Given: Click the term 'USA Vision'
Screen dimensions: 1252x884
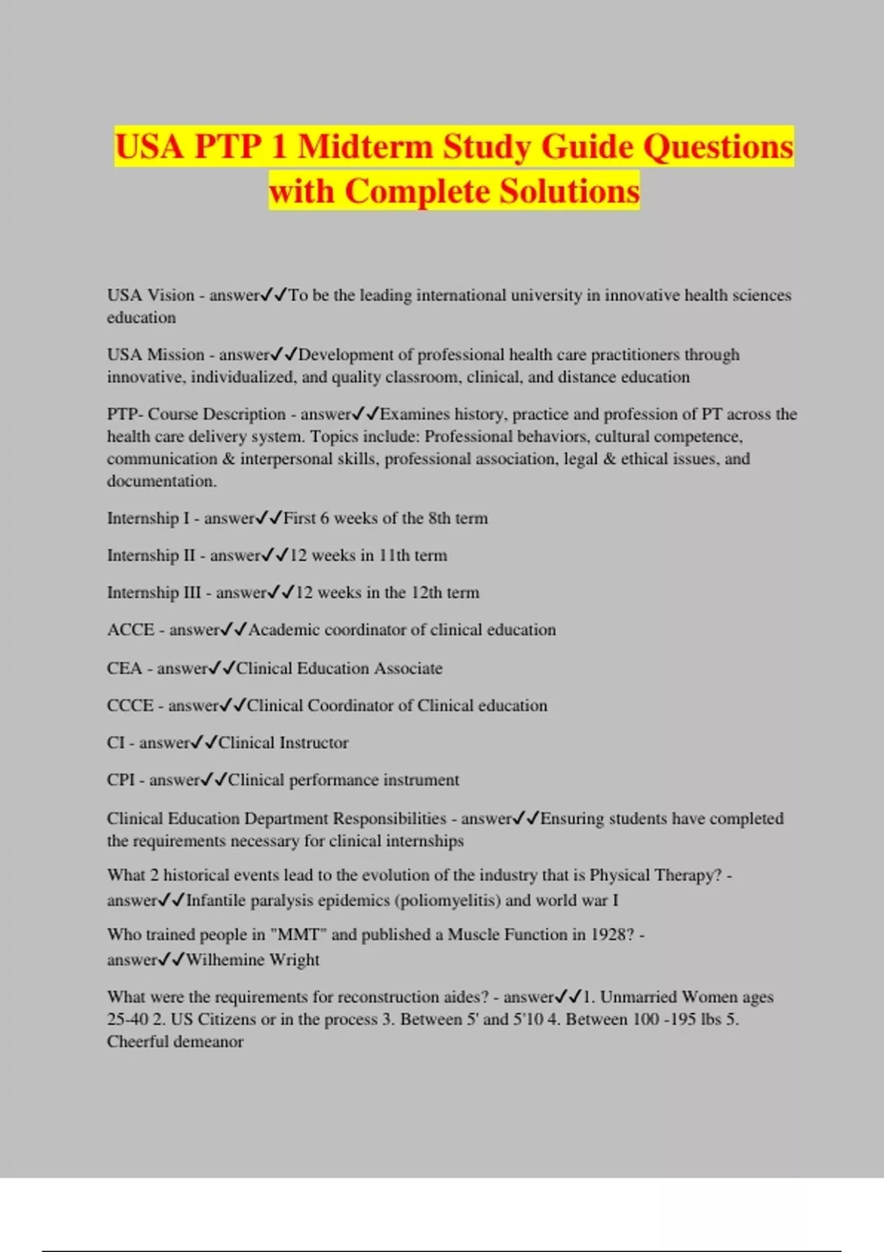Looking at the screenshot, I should [x=150, y=295].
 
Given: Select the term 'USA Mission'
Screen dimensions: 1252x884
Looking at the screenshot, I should [x=155, y=355].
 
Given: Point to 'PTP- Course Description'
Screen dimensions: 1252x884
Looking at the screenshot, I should [x=196, y=414].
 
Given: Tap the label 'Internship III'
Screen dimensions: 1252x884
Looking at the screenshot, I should [x=153, y=593].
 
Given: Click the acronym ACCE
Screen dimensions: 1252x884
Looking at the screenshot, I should [x=130, y=630].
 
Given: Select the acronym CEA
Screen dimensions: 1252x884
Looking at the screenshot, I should [x=124, y=669].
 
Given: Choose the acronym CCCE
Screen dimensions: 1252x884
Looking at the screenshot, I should [x=130, y=706].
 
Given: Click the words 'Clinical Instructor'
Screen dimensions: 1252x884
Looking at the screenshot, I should [x=284, y=743].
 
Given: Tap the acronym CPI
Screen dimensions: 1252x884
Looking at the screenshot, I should [x=121, y=780].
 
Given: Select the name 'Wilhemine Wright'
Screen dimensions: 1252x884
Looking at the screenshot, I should [x=253, y=960].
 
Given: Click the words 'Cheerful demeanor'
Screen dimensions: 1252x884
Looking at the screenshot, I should [x=175, y=1042].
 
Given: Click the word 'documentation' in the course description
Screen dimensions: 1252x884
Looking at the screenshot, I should [x=161, y=482].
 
